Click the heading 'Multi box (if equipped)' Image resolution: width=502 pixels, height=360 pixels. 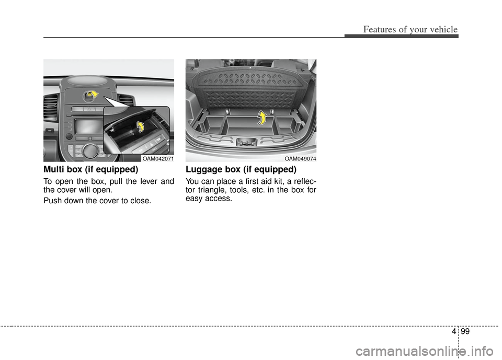click(x=91, y=169)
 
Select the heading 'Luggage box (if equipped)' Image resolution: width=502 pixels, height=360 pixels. click(x=241, y=169)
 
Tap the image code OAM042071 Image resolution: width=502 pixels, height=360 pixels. click(x=158, y=159)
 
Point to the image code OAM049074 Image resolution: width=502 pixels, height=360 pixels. click(x=300, y=159)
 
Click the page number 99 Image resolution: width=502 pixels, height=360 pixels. click(x=465, y=331)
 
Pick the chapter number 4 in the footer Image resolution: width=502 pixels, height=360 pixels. click(x=454, y=331)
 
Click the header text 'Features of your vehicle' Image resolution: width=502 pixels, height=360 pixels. click(x=410, y=29)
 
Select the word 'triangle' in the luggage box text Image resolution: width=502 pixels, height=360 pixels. click(x=212, y=190)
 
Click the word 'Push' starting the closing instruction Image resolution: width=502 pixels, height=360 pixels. click(x=51, y=201)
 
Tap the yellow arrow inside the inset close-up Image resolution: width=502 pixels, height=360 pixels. click(x=140, y=126)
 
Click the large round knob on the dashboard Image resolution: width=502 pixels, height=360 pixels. click(x=90, y=150)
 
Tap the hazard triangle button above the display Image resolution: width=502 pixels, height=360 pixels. click(x=89, y=109)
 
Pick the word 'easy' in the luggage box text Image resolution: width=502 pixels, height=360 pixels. click(x=194, y=199)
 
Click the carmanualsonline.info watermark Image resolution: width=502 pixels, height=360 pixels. click(x=428, y=351)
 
